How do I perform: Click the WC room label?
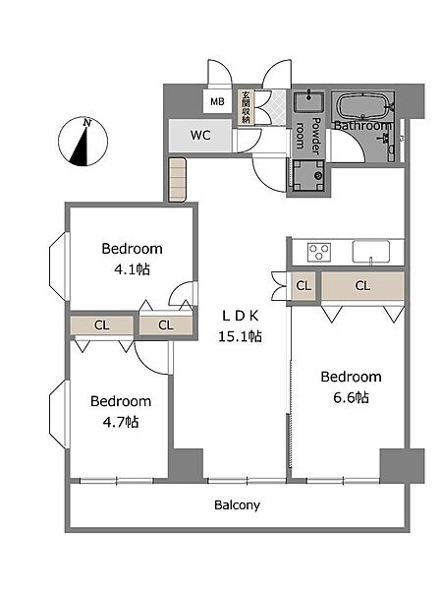[x=200, y=135]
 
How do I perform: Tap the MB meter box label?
[x=217, y=101]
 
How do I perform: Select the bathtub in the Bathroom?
[x=363, y=106]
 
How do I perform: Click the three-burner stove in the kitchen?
[x=318, y=252]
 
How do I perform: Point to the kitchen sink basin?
[x=370, y=251]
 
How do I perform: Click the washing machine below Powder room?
[x=308, y=176]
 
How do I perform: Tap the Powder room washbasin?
[x=309, y=102]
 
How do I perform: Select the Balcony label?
[x=237, y=505]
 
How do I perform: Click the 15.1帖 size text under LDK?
[x=241, y=336]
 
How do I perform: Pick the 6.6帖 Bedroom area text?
[x=351, y=397]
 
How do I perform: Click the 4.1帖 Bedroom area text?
[x=132, y=269]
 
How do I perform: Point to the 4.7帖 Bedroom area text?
[x=121, y=422]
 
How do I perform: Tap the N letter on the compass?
[x=87, y=123]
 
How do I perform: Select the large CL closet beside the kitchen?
[x=362, y=286]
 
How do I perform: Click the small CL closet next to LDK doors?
[x=304, y=286]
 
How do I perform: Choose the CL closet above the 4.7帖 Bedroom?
[x=102, y=325]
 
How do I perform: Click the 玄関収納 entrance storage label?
[x=247, y=107]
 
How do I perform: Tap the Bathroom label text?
[x=362, y=125]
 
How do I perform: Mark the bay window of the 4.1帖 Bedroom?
[x=59, y=266]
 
